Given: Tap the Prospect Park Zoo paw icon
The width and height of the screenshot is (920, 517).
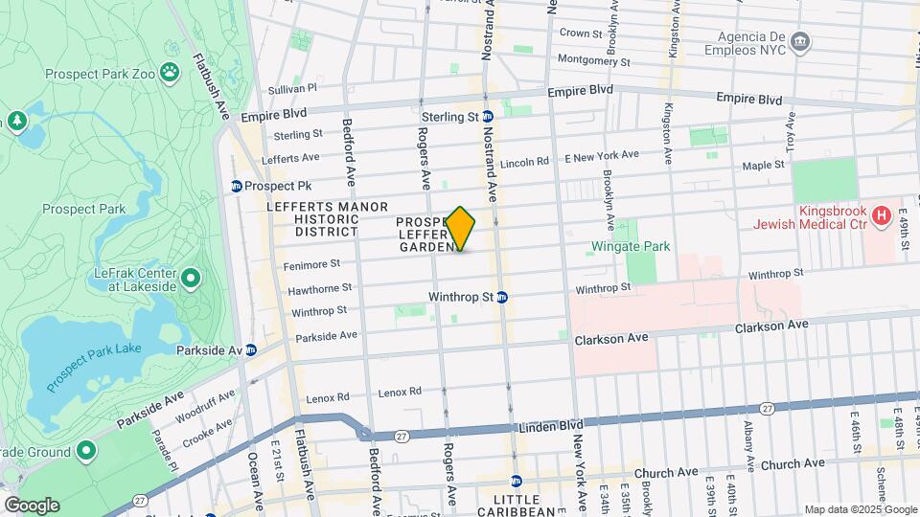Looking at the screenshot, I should click(x=170, y=71).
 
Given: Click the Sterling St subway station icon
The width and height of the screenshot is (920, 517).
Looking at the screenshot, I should click(x=488, y=117).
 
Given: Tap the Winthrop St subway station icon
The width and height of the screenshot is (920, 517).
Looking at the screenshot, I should click(x=502, y=297).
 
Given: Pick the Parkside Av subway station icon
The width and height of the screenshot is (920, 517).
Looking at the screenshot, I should click(x=250, y=350).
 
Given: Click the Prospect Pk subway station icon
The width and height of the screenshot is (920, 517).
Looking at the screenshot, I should click(x=236, y=186).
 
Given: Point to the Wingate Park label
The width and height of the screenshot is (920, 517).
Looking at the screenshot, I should click(x=630, y=246).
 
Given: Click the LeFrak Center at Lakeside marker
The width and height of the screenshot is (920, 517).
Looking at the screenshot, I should click(x=191, y=279).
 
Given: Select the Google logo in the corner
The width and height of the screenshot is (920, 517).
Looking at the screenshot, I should click(x=32, y=505).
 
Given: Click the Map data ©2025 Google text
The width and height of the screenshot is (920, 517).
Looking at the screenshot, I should click(x=860, y=509).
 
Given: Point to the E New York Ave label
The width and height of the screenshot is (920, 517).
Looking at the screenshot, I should click(x=601, y=155).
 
